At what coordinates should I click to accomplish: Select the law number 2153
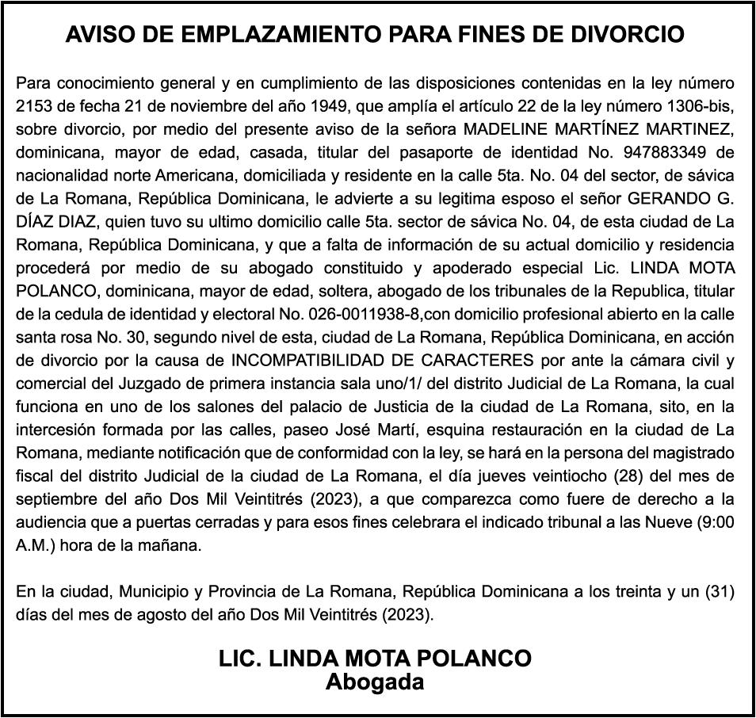(x=33, y=105)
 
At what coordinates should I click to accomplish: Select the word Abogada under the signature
(x=375, y=682)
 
